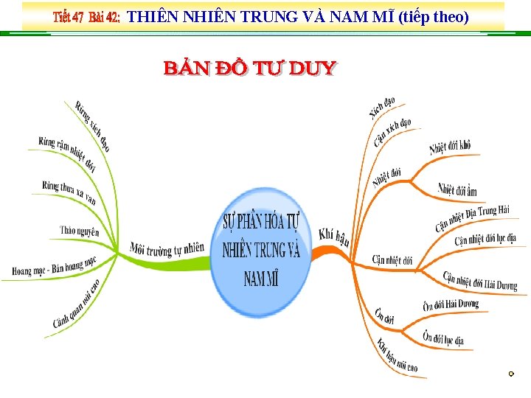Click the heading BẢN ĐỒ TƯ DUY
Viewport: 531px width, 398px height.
coord(249,69)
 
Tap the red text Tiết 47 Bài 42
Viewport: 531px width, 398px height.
coord(86,18)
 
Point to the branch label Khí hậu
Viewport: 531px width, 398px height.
coord(334,237)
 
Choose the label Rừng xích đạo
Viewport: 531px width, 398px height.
coord(92,126)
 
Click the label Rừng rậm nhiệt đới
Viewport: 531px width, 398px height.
coord(67,153)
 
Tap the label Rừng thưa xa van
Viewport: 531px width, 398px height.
coord(69,192)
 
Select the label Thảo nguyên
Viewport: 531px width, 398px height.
coord(79,231)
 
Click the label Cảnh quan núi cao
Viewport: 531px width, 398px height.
coord(76,303)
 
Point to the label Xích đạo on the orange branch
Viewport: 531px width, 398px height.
coord(382,108)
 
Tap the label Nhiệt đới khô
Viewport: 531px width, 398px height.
coord(450,147)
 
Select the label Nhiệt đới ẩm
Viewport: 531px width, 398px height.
coord(457,190)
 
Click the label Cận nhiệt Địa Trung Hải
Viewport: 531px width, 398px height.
coord(472,217)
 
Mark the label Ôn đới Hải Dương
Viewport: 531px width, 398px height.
coord(451,304)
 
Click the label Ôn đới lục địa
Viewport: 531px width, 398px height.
coord(443,338)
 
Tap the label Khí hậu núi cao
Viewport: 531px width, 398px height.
coord(397,355)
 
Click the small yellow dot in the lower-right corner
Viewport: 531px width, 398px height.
coord(510,375)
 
